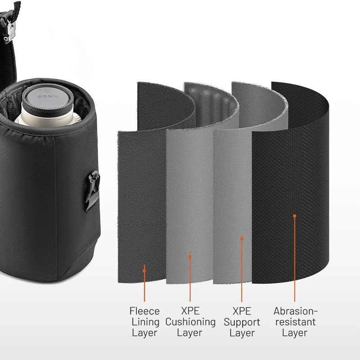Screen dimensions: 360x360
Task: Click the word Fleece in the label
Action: pos(144,311)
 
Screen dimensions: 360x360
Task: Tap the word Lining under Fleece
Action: pos(145,322)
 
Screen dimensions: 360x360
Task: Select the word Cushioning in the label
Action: pos(190,322)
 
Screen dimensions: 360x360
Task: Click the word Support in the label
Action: pos(242,322)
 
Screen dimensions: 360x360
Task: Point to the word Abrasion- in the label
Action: pos(295,311)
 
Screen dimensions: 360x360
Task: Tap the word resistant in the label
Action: pos(295,322)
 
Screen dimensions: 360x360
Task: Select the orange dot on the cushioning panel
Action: pos(190,256)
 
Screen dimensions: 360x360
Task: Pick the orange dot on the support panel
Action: pos(242,238)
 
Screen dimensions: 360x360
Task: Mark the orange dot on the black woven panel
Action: pos(295,216)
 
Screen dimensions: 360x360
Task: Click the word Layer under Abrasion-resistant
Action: pos(295,333)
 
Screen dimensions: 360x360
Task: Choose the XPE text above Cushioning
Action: pos(190,311)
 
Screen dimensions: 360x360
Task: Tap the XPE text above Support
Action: pos(242,311)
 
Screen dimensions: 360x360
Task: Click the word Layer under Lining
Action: pos(144,333)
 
